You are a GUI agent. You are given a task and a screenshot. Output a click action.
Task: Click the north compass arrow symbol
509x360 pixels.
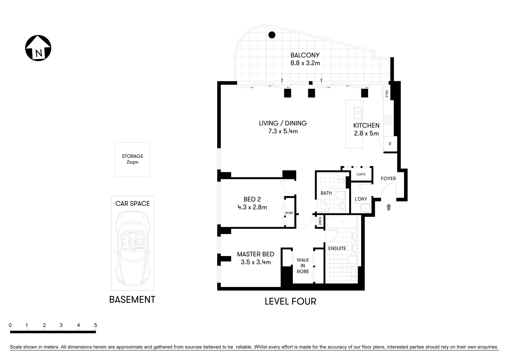pyautogui.click(x=38, y=48)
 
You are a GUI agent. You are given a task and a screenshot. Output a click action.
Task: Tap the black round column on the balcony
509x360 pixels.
pyautogui.click(x=272, y=34)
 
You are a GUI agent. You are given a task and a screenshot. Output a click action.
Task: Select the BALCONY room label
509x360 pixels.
pyautogui.click(x=305, y=55)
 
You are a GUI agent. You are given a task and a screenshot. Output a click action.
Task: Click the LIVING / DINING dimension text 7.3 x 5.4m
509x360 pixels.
pyautogui.click(x=283, y=131)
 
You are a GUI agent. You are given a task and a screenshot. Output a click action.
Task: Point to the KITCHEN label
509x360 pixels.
pyautogui.click(x=366, y=126)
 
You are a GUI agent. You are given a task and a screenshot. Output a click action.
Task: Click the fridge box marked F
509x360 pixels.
pyautogui.click(x=390, y=144)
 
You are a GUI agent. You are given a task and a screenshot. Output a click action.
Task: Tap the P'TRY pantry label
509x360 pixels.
pyautogui.click(x=387, y=93)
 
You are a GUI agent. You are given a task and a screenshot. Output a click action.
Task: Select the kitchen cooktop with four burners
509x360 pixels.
pyautogui.click(x=388, y=120)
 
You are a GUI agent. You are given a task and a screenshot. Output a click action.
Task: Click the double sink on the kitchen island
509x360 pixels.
pyautogui.click(x=358, y=112)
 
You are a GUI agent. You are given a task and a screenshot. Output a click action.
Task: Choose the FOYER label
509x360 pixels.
pyautogui.click(x=388, y=179)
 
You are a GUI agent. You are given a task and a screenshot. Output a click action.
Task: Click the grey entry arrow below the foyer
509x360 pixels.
pyautogui.click(x=388, y=207)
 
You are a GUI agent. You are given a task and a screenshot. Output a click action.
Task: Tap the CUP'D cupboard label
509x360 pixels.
pyautogui.click(x=361, y=174)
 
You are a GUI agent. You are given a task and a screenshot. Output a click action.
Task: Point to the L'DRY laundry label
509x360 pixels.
pyautogui.click(x=361, y=199)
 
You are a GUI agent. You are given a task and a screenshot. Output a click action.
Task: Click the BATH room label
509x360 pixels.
pyautogui.click(x=326, y=193)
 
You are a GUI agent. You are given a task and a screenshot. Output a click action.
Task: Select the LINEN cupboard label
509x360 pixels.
pyautogui.click(x=320, y=221)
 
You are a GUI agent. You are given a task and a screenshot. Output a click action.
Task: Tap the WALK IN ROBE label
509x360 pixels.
pyautogui.click(x=303, y=266)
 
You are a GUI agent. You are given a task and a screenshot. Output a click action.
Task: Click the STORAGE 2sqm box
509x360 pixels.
pyautogui.click(x=133, y=159)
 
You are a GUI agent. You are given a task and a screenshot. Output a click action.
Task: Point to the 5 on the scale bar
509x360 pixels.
pyautogui.click(x=96, y=325)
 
